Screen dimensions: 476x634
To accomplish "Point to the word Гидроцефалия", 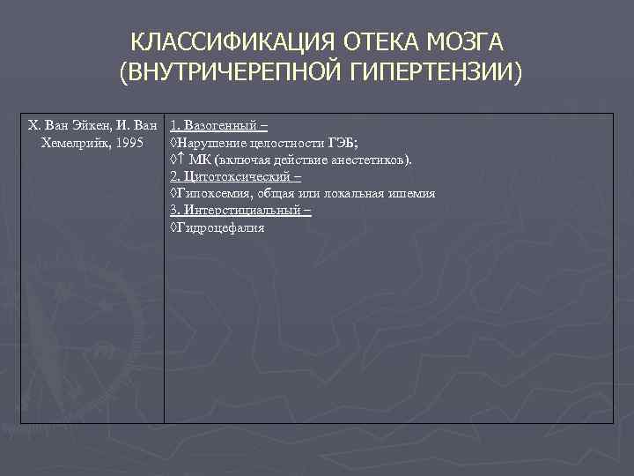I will tap(220, 228).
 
